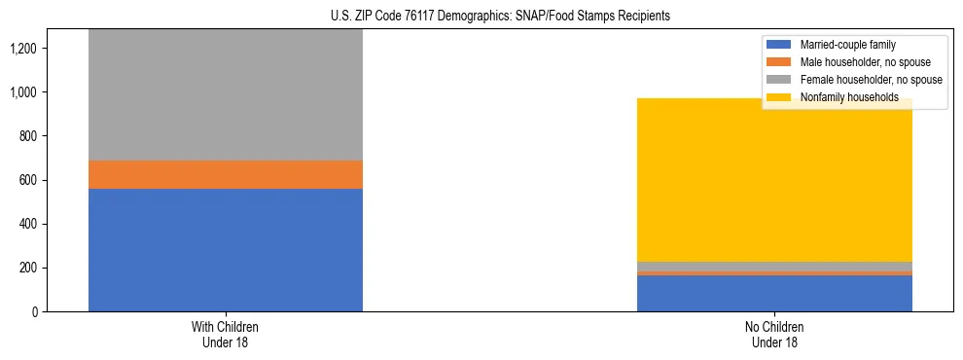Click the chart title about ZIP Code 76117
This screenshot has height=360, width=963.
tap(482, 17)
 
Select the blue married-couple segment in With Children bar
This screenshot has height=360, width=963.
tap(226, 249)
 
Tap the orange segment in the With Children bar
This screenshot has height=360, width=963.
tap(226, 174)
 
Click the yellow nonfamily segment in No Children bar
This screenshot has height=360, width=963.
tap(774, 180)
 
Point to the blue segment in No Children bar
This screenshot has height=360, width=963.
tap(774, 293)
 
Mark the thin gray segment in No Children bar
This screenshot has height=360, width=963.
tap(774, 266)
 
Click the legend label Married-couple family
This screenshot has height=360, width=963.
tap(847, 45)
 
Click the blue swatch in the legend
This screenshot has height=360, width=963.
tap(780, 45)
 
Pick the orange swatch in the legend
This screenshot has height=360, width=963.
tap(780, 62)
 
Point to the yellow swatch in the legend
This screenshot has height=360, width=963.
tap(780, 97)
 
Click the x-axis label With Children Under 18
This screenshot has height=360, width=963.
tap(226, 334)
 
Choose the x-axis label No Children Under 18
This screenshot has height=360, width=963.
tap(774, 334)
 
